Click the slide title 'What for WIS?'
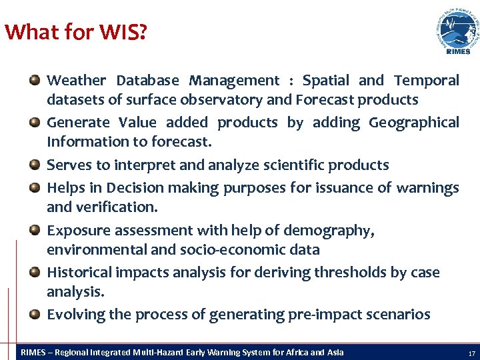(75, 31)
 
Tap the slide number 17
(471, 353)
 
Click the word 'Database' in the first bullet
(147, 81)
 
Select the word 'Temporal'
(426, 81)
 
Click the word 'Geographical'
(413, 123)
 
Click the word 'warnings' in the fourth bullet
(427, 188)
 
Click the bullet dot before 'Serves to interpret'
(35, 165)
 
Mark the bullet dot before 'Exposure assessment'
(35, 231)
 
